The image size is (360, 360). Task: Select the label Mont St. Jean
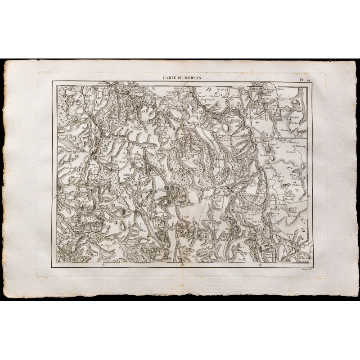pos(292,184)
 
